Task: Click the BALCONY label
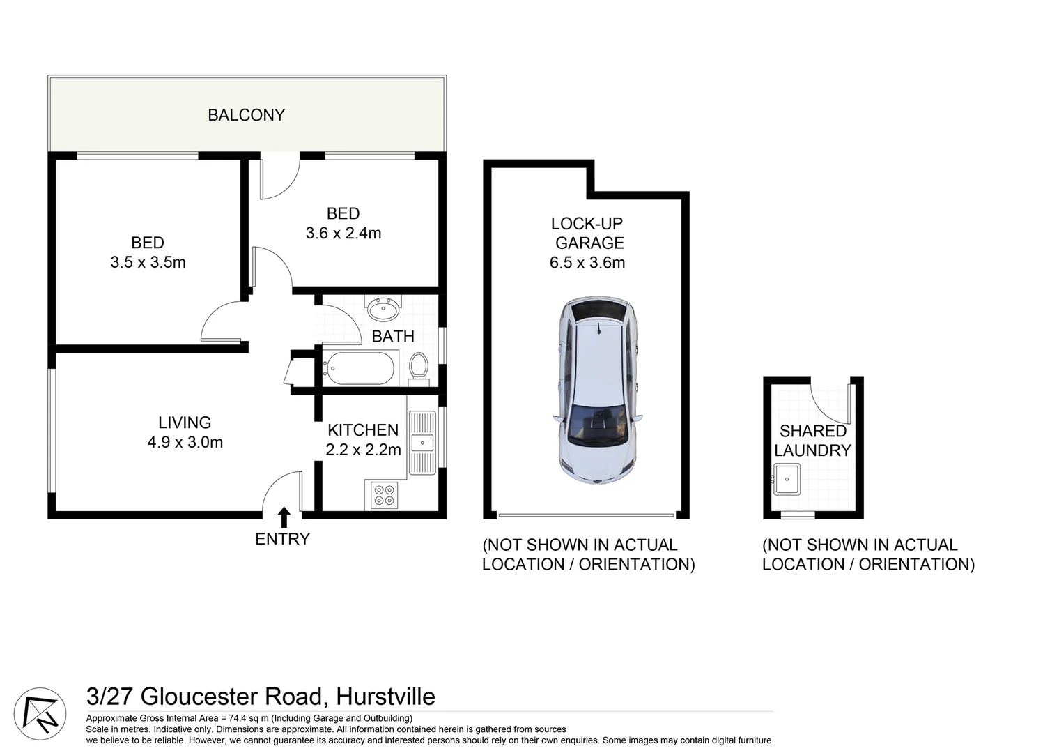point(246,115)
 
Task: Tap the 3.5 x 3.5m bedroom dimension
point(148,263)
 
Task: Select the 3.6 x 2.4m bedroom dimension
point(343,234)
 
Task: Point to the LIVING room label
point(185,423)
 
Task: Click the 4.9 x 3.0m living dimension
point(185,442)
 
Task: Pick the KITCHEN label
point(363,430)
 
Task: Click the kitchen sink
point(422,443)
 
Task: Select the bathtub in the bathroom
point(359,368)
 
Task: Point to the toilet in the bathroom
point(418,367)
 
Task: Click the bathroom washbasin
point(383,307)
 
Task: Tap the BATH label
point(393,336)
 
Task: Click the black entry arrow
point(284,517)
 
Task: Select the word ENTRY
point(282,539)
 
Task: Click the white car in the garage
point(598,390)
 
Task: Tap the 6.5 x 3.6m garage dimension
point(587,263)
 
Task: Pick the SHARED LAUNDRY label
point(812,441)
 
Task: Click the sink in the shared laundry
point(787,479)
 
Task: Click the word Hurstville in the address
point(385,697)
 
